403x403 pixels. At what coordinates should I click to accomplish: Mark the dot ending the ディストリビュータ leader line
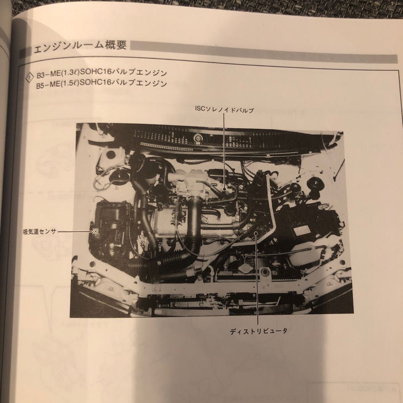(256, 233)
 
